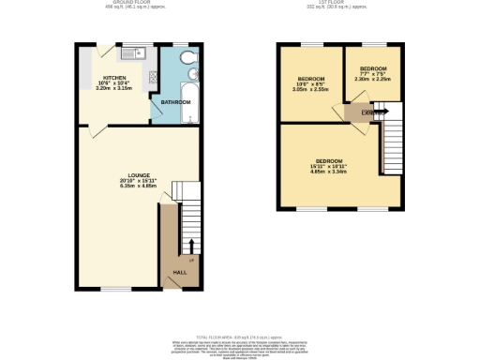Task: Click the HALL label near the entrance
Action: [178, 273]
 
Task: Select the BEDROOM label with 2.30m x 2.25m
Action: [373, 68]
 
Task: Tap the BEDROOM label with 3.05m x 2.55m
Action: [311, 78]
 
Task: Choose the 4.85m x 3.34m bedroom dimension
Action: [328, 172]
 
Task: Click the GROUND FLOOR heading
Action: [126, 4]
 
